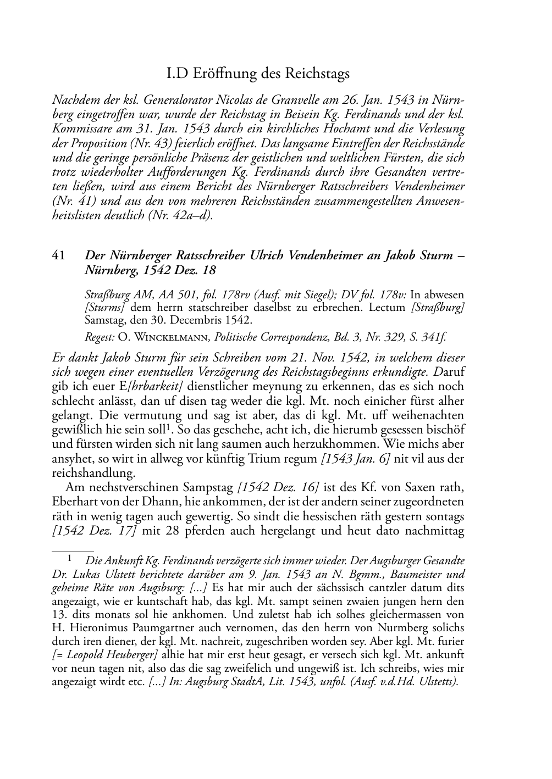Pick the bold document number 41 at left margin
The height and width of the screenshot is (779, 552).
[59, 255]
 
